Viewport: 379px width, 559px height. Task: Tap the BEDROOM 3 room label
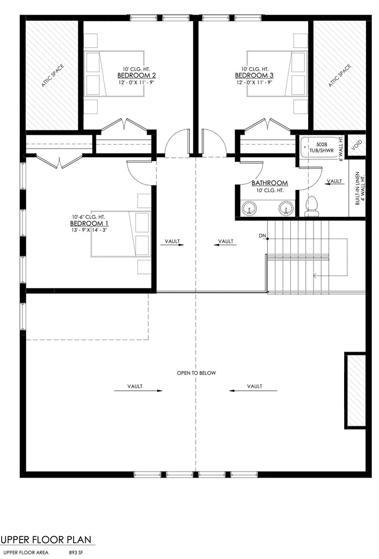tap(254, 75)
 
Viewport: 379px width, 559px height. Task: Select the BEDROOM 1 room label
tap(89, 224)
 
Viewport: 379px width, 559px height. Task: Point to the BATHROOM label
tap(269, 183)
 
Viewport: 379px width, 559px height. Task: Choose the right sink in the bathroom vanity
tap(286, 208)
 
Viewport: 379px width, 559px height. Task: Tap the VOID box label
tap(357, 145)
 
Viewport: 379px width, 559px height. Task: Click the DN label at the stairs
tap(262, 236)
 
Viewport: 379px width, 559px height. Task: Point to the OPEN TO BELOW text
tap(196, 373)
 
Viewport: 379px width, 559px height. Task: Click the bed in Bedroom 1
tap(121, 234)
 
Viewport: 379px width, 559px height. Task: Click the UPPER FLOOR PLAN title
tap(47, 540)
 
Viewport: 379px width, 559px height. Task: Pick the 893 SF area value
tap(76, 552)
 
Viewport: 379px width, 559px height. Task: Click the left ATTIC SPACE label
tap(53, 76)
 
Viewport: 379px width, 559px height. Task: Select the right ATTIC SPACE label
tap(340, 76)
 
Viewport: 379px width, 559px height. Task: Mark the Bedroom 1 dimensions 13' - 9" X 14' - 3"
tap(89, 230)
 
